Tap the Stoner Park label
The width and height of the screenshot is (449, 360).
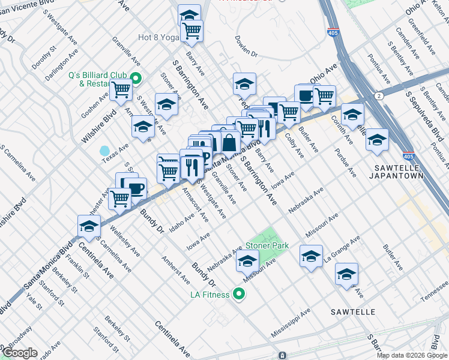pyautogui.click(x=267, y=245)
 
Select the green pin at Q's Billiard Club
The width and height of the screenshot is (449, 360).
pyautogui.click(x=136, y=78)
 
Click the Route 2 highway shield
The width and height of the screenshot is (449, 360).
pyautogui.click(x=379, y=96)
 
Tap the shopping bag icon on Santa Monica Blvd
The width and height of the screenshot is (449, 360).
pyautogui.click(x=229, y=143)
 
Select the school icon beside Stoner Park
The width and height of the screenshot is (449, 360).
pyautogui.click(x=247, y=260)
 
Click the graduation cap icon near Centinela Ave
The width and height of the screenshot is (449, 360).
pyautogui.click(x=88, y=226)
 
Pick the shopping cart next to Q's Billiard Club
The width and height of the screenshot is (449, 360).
pyautogui.click(x=121, y=90)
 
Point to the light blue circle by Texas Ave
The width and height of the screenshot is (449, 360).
pyautogui.click(x=105, y=151)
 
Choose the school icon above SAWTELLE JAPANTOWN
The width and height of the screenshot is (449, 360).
pyautogui.click(x=376, y=140)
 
